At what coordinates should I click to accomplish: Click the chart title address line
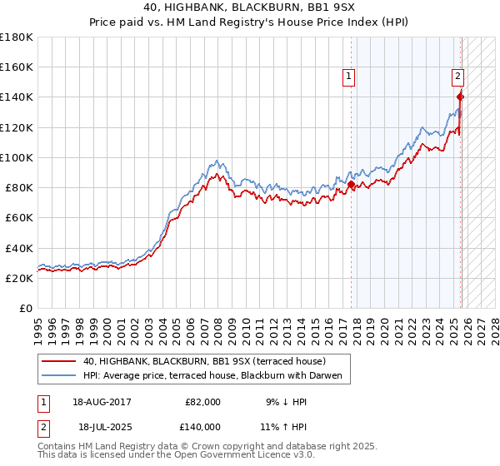(249, 7)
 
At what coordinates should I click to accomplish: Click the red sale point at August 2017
(351, 185)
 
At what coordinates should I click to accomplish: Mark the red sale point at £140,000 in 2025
(460, 97)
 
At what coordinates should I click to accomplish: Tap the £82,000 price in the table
(202, 401)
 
